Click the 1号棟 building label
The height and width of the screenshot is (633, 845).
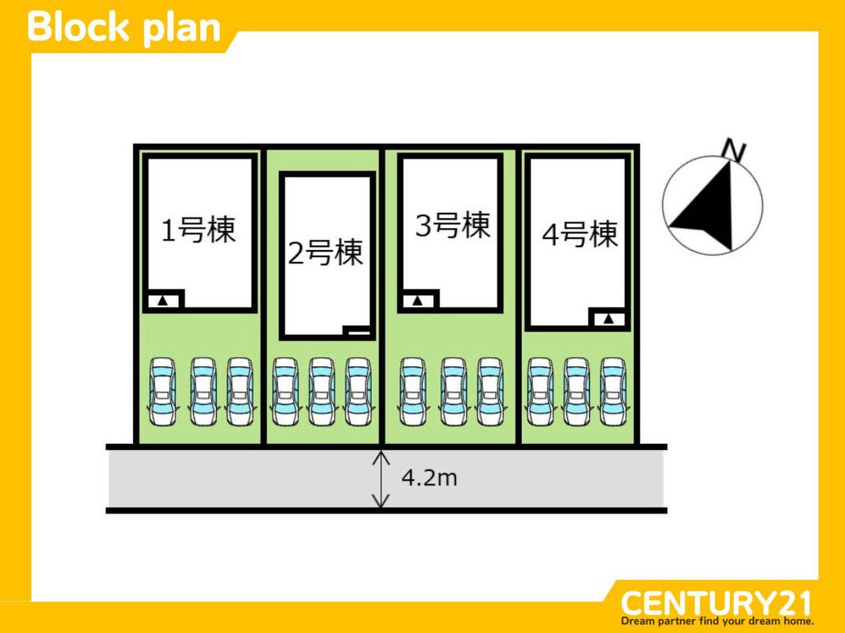tap(199, 230)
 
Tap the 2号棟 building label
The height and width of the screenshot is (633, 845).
tap(325, 253)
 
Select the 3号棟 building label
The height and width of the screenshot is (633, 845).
tap(452, 226)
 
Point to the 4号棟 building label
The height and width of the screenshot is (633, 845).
tap(580, 234)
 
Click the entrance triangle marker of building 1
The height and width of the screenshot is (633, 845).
tap(163, 301)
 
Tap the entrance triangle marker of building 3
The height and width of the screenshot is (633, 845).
tap(417, 301)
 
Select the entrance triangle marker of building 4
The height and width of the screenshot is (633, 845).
tap(608, 319)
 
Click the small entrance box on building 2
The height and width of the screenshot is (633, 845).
tap(358, 332)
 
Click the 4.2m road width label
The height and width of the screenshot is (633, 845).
tap(429, 478)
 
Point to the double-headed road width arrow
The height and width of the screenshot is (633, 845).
tap(382, 479)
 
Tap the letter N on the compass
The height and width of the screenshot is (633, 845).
tap(736, 150)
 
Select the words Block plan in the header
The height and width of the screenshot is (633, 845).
tap(124, 27)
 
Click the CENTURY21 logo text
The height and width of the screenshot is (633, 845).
tap(716, 603)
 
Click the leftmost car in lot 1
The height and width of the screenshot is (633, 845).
tap(163, 392)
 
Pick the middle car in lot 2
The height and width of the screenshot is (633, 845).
tap(322, 392)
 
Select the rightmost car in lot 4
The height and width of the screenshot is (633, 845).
tap(613, 392)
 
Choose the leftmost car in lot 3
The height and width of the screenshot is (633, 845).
tap(413, 392)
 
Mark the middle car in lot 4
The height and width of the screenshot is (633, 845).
tap(577, 392)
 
